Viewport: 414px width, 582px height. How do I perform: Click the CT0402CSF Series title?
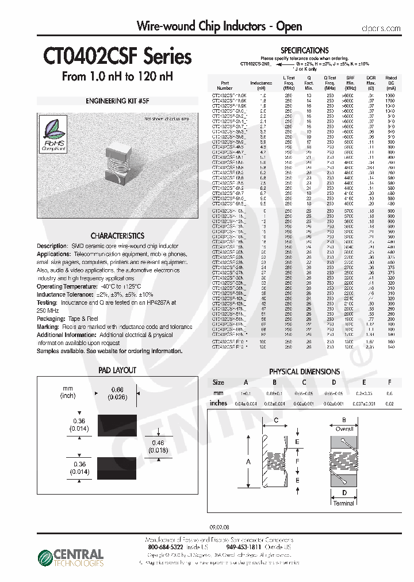click(117, 57)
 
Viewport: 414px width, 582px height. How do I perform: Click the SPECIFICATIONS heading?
click(304, 51)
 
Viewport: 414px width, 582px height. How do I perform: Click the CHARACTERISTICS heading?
click(117, 236)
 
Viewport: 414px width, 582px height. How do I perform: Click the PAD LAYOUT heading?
click(117, 370)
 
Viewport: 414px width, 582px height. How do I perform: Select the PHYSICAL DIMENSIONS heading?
click(304, 372)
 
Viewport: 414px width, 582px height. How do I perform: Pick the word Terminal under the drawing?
click(344, 503)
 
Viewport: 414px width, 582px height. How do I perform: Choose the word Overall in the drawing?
click(344, 429)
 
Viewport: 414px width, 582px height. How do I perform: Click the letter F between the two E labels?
click(297, 461)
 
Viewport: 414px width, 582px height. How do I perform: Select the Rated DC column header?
click(391, 80)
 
